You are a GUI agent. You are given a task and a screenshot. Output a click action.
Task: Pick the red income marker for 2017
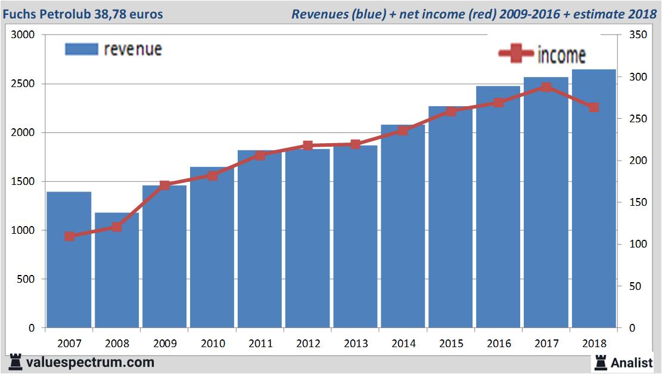pos(546,87)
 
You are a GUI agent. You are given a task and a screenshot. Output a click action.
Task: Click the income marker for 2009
pos(165,185)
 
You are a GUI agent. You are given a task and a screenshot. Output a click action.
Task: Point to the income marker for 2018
pos(593,107)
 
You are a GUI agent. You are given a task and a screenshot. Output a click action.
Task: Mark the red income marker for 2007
pos(69,236)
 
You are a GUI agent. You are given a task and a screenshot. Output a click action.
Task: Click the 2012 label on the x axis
pos(308,344)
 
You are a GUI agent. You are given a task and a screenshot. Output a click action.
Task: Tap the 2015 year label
pos(451,344)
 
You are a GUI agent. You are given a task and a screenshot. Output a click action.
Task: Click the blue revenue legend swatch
pos(81,50)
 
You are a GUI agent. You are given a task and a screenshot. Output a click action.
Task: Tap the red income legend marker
pos(515,55)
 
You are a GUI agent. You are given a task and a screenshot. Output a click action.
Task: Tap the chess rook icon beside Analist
pos(600,362)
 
